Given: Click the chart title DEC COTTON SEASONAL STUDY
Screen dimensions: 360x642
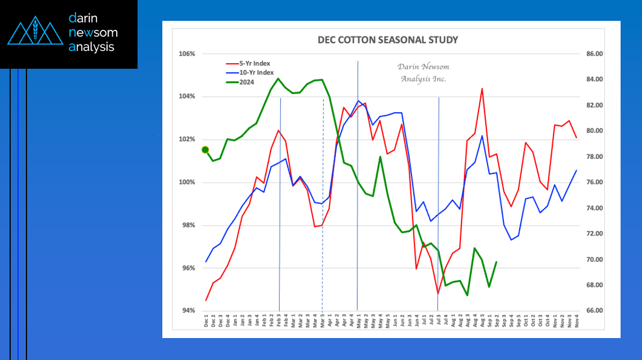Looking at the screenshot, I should point(388,40).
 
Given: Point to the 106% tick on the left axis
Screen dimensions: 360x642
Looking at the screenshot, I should point(187,54).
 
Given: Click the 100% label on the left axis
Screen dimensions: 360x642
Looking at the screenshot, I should point(187,183).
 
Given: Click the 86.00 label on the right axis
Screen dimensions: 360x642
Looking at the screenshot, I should point(595,54).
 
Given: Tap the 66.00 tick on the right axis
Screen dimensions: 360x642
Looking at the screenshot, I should point(595,311).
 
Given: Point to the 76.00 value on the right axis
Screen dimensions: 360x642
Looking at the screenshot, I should point(595,183).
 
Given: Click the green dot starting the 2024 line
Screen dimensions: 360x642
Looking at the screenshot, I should point(205,150).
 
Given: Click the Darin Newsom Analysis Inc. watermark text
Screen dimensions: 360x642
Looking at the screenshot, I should point(423,73).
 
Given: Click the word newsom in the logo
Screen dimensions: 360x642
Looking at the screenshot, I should point(93,33).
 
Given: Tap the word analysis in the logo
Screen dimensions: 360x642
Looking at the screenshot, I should point(91,47).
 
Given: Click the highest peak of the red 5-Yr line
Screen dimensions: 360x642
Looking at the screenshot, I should point(482,88).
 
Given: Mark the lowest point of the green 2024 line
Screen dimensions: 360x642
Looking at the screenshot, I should point(467,295).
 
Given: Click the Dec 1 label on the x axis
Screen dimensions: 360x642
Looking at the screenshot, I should point(206,322).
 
